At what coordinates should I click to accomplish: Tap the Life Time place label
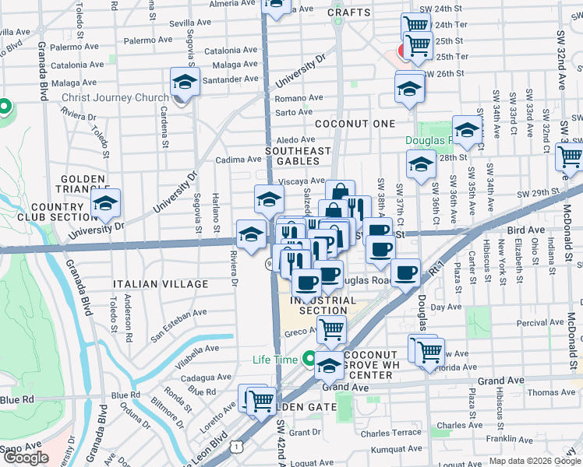(x=274, y=360)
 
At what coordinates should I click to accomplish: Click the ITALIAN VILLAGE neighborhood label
(x=161, y=284)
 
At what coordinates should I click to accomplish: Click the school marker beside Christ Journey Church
(x=185, y=83)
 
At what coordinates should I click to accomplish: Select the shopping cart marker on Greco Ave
(x=333, y=329)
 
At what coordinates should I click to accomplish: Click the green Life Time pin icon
(x=310, y=360)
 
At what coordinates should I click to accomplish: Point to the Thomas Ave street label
(x=550, y=392)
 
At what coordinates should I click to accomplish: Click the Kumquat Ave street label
(x=395, y=449)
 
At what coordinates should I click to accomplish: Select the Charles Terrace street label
(x=390, y=433)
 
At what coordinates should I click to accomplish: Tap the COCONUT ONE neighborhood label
(x=355, y=124)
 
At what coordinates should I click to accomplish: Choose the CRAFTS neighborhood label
(x=348, y=12)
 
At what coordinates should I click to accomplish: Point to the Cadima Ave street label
(x=236, y=160)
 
